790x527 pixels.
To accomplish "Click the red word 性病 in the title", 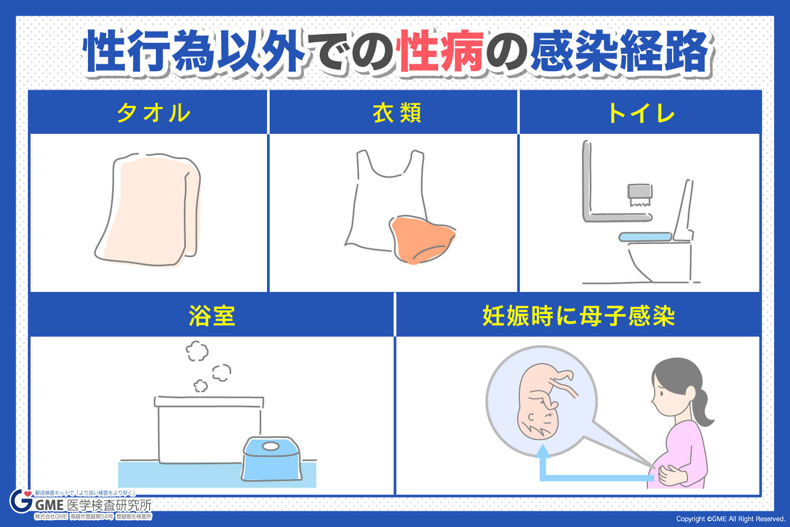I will pos(441,52).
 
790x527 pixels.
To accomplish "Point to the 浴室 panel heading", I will pos(212,316).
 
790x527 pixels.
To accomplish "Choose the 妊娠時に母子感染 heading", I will pos(578,316).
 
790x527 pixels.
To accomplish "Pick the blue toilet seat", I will pos(645,237).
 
